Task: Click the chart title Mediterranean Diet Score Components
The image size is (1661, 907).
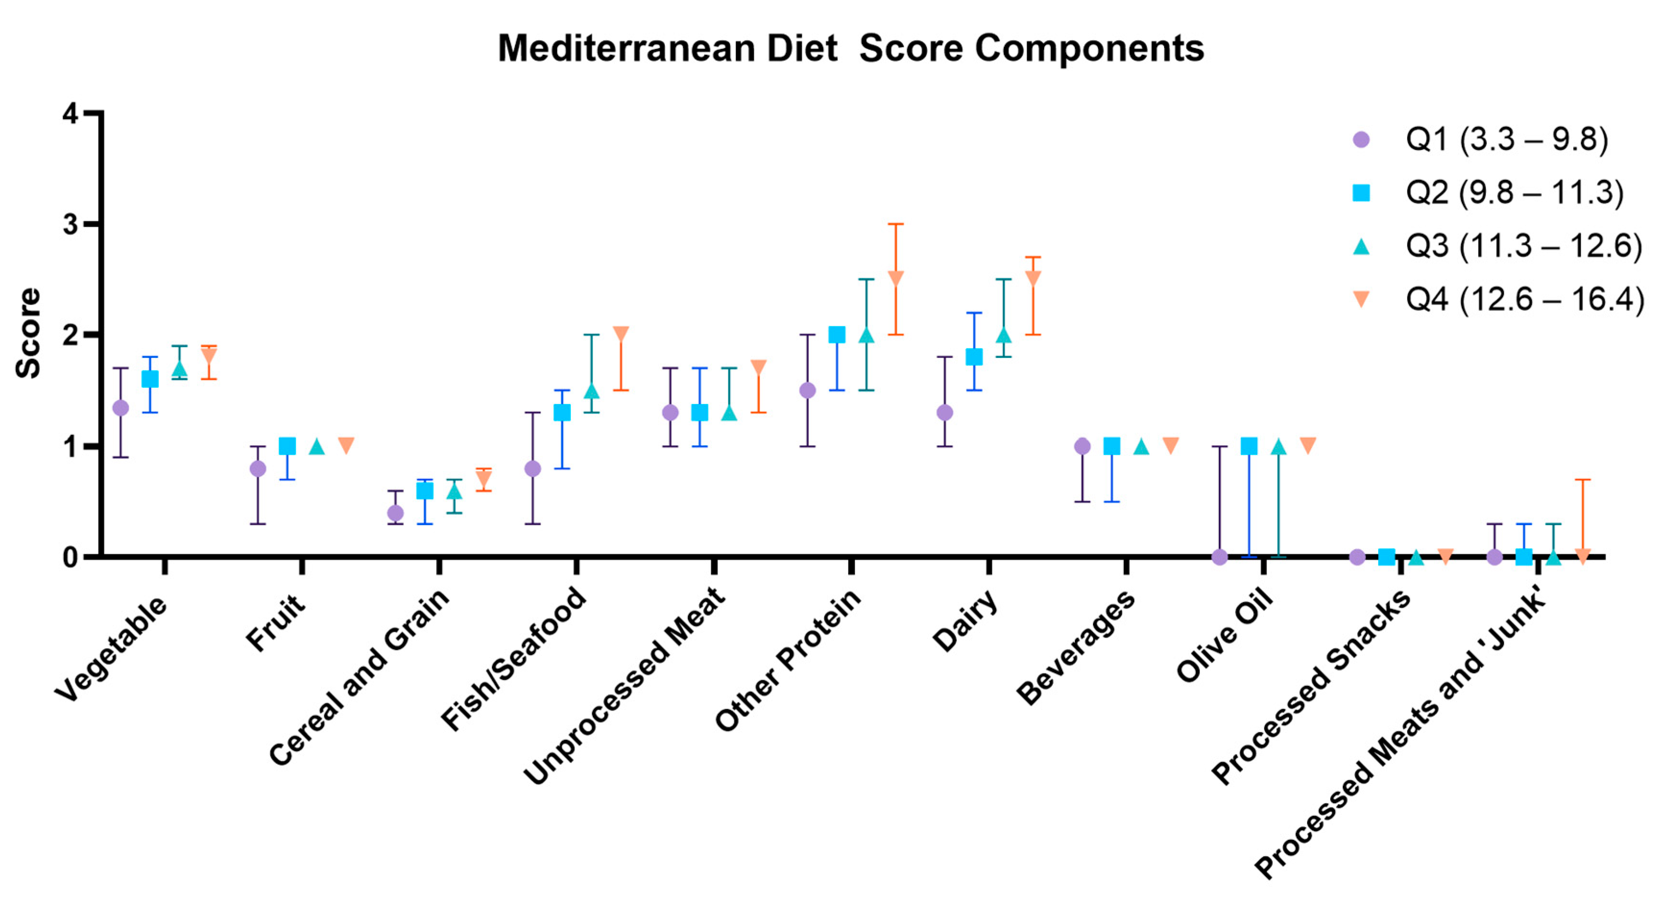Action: (x=851, y=49)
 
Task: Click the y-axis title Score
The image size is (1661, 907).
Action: (x=28, y=333)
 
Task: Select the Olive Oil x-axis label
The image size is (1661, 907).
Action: (x=1225, y=636)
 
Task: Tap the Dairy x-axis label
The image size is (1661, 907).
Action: (x=966, y=621)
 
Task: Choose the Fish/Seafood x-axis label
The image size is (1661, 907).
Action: (x=515, y=658)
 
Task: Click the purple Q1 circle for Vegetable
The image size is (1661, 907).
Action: (x=120, y=408)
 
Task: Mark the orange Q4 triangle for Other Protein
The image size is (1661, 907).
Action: (x=896, y=277)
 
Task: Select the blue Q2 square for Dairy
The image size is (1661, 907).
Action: (x=974, y=357)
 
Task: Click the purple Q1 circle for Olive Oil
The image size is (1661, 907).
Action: (x=1219, y=557)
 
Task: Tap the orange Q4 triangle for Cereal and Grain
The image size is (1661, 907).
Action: (x=483, y=478)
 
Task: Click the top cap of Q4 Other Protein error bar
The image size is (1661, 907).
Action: (x=896, y=224)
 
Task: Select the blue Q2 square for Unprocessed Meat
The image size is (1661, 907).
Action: (x=699, y=412)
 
